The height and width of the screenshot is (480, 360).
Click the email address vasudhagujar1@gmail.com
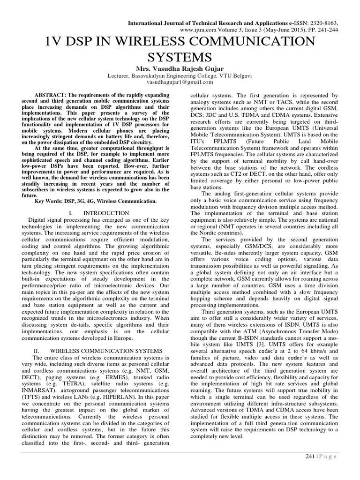pos(180,82)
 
